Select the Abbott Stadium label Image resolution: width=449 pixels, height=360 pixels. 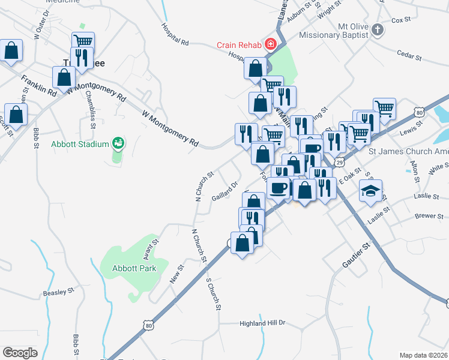(x=80, y=144)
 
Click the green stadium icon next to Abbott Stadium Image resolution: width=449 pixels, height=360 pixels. (x=118, y=143)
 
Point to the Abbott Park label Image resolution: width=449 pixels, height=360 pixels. (x=135, y=268)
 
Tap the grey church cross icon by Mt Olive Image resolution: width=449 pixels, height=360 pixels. (x=377, y=30)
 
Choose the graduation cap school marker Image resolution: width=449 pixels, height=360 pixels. (x=370, y=192)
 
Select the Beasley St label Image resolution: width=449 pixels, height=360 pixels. (x=58, y=293)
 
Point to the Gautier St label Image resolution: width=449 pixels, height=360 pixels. (x=357, y=253)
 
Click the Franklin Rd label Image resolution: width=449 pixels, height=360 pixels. (x=38, y=86)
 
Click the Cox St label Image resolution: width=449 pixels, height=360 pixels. (x=400, y=20)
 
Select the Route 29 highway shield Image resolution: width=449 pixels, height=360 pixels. (x=340, y=163)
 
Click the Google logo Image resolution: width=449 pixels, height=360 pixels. (x=20, y=352)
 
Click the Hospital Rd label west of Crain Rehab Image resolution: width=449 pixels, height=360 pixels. (x=175, y=35)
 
